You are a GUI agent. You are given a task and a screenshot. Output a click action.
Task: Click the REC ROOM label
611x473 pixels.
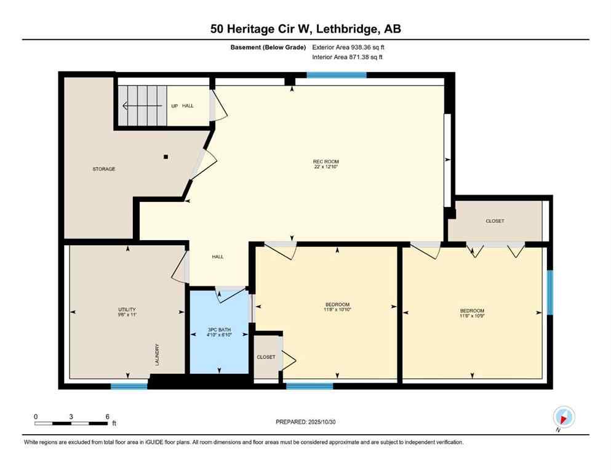coord(325,162)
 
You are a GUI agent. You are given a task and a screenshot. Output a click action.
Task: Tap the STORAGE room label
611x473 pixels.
coord(104,169)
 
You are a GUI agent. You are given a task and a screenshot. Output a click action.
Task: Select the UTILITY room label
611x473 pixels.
coord(127,310)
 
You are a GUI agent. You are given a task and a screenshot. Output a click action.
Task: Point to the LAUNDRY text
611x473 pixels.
coord(157,355)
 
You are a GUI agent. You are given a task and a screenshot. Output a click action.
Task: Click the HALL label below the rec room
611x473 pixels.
coord(218,257)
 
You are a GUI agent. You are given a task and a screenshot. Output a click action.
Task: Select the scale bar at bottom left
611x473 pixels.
coord(71,423)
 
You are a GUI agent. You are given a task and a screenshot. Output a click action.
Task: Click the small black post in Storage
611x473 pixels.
coord(166,156)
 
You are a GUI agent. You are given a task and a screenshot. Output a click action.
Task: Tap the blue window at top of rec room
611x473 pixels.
coord(337,75)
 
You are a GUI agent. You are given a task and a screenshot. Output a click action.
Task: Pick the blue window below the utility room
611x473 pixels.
coord(129,386)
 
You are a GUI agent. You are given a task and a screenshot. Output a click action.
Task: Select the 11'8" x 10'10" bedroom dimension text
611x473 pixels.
coord(337,310)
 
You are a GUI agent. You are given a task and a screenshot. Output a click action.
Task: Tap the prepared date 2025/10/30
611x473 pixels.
coord(305,422)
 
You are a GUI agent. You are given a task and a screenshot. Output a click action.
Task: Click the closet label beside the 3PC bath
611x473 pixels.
coord(266,357)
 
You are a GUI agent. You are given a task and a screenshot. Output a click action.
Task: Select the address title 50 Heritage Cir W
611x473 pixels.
coord(305,28)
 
